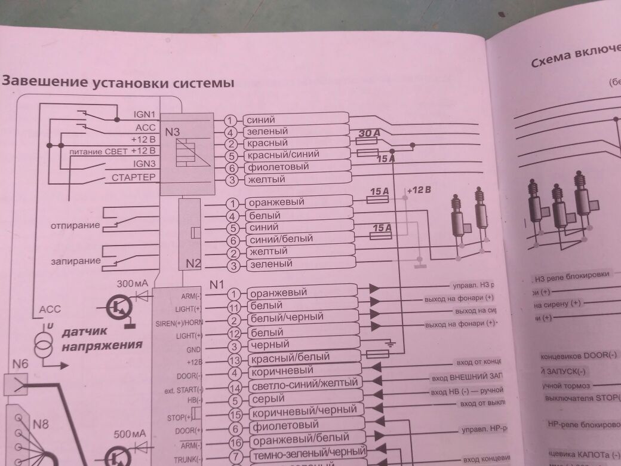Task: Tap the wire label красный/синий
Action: (x=282, y=155)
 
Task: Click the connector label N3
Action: (x=173, y=132)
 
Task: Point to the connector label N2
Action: (x=193, y=263)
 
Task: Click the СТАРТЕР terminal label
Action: (x=133, y=177)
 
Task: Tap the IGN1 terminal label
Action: (x=144, y=114)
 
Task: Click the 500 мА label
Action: (x=130, y=434)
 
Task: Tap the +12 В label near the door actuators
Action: (x=418, y=191)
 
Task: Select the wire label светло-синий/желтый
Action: (x=303, y=383)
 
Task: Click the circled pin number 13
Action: (x=235, y=360)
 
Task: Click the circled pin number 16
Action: (x=235, y=443)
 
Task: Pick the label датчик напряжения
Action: (x=102, y=338)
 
